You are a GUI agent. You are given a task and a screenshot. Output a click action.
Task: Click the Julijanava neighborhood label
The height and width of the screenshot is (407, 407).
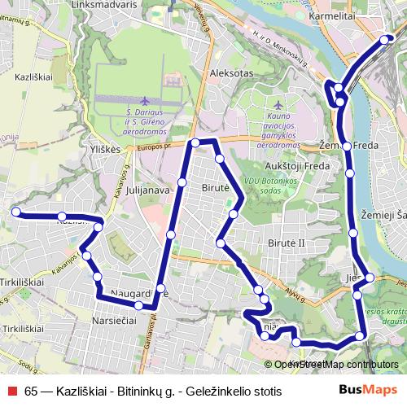147,190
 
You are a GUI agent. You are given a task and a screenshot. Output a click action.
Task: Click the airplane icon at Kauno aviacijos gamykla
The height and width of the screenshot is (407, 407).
279,106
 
